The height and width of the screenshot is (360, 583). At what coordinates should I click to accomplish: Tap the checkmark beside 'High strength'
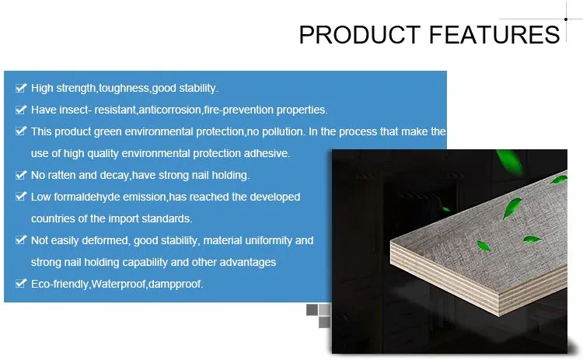click(x=20, y=88)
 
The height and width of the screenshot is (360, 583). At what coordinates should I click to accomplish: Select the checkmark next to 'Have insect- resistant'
click(x=20, y=110)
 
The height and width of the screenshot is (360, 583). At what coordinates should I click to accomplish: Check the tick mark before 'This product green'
click(x=20, y=131)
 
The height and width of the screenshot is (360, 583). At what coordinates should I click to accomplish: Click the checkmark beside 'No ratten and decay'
click(x=20, y=175)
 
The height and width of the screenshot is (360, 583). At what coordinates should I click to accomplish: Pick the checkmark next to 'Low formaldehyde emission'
click(x=20, y=197)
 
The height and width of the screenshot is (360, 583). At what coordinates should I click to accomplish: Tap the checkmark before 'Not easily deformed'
click(x=20, y=240)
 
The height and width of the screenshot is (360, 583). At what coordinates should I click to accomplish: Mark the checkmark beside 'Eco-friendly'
click(x=20, y=284)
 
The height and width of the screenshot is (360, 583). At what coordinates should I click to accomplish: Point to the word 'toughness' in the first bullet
click(x=124, y=88)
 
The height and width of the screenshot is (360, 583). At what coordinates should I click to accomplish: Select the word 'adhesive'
click(x=267, y=153)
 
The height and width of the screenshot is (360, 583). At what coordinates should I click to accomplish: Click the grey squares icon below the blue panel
click(x=319, y=315)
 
